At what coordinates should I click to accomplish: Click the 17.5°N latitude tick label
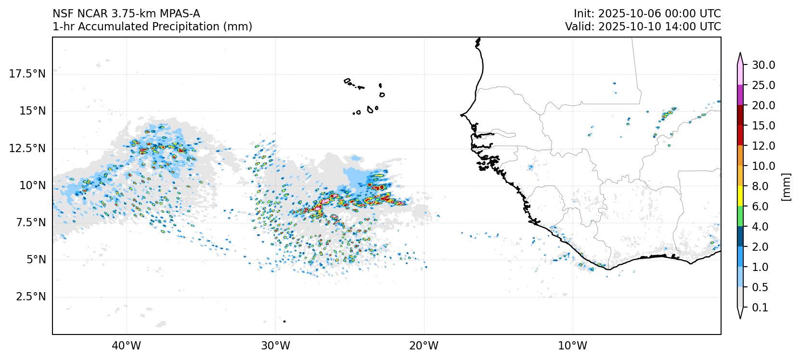pyautogui.click(x=27, y=74)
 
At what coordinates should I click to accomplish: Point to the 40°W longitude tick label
pyautogui.click(x=127, y=346)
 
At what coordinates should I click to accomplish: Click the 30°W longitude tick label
pyautogui.click(x=275, y=346)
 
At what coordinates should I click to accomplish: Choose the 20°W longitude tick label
pyautogui.click(x=424, y=346)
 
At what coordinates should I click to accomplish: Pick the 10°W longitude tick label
pyautogui.click(x=573, y=346)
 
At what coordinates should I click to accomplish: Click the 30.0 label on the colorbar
pyautogui.click(x=764, y=65)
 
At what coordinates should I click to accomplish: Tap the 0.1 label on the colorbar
pyautogui.click(x=760, y=308)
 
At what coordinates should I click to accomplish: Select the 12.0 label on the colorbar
pyautogui.click(x=764, y=146)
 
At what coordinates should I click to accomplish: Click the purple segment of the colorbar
pyautogui.click(x=740, y=95)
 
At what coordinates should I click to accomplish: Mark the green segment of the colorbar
pyautogui.click(x=740, y=217)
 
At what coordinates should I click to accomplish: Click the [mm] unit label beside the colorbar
pyautogui.click(x=787, y=186)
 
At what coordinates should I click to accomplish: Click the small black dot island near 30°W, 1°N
pyautogui.click(x=284, y=321)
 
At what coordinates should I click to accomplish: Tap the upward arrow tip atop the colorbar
pyautogui.click(x=740, y=54)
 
